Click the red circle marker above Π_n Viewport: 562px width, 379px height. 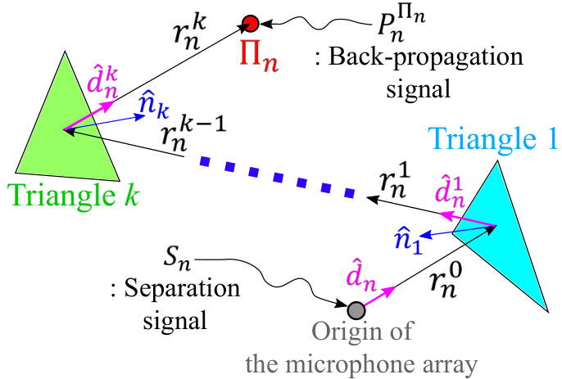(250, 24)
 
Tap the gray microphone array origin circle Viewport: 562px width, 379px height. (356, 310)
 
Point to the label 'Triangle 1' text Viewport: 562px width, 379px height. (492, 139)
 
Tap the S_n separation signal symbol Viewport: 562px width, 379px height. (177, 258)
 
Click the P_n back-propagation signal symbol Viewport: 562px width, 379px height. (401, 24)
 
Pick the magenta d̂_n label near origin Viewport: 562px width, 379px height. (361, 276)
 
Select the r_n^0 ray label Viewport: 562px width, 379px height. (445, 282)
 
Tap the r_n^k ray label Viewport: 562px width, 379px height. (190, 33)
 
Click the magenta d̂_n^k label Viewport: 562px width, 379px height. (102, 84)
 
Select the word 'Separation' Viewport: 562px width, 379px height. (182, 288)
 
